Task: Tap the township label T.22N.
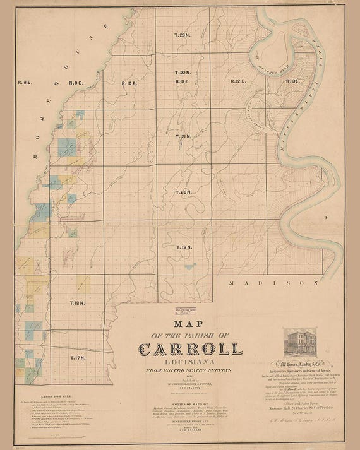tap(183, 73)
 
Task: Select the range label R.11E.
tap(183, 82)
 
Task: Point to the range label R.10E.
tap(129, 83)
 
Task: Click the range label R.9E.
tap(77, 83)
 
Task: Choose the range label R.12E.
tap(237, 81)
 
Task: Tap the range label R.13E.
tap(292, 81)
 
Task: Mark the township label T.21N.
tap(183, 136)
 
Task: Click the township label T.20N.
tap(183, 191)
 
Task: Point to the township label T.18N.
tap(76, 304)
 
